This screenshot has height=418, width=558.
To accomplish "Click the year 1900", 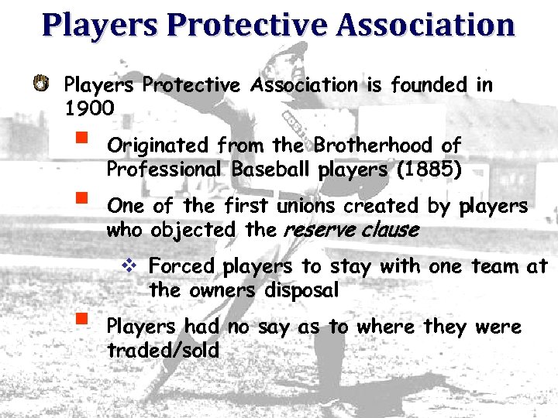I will (89, 108).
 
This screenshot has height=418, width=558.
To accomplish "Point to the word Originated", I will (158, 146).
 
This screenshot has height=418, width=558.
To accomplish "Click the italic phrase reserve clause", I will (352, 231).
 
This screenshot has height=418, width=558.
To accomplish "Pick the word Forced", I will (182, 267).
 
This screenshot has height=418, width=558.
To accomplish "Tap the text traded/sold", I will (163, 351).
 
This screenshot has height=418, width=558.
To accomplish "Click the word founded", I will (429, 84).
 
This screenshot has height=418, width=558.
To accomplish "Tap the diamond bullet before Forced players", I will (131, 266).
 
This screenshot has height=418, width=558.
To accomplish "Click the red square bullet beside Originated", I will (81, 139).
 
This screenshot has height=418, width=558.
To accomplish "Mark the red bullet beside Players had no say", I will (81, 319).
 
